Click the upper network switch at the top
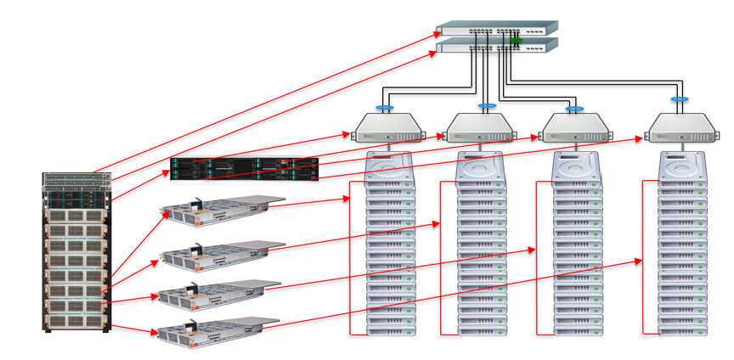pos(496,30)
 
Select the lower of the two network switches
pos(497,46)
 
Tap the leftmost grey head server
pos(389,128)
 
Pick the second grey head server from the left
pos(480,128)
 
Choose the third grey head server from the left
pos(576,128)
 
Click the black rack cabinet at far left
pos(77,251)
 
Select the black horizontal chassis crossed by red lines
pos(244,169)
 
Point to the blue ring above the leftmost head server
pos(385,108)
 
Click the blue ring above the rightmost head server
pos(678,99)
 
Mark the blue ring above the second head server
pos(487,106)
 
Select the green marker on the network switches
pos(516,40)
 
